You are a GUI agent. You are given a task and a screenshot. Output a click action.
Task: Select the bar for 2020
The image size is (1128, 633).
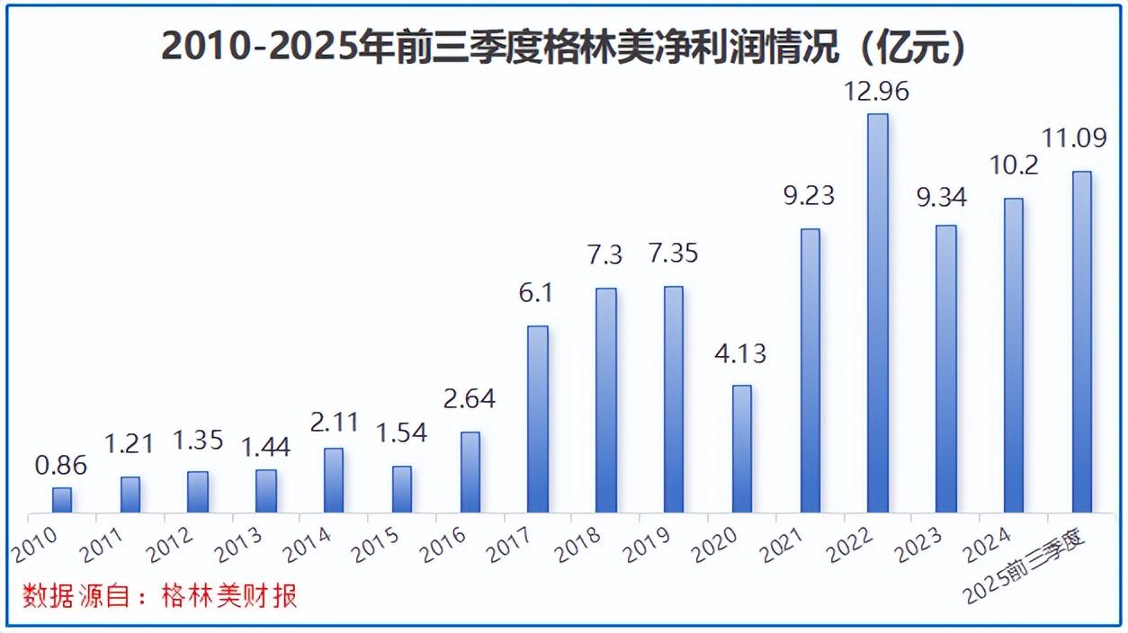coord(741,449)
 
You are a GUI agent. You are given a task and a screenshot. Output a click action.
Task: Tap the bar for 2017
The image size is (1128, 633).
coord(538,419)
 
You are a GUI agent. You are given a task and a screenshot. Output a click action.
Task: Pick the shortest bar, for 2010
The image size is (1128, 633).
coord(61,500)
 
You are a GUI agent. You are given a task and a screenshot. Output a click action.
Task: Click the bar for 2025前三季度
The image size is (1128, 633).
coord(1081,342)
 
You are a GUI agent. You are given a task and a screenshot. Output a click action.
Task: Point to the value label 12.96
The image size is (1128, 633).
coord(877,91)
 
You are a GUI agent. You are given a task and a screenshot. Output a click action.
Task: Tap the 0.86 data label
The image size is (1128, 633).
coord(61,465)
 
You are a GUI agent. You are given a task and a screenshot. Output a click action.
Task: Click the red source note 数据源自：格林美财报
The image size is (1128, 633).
coord(160,596)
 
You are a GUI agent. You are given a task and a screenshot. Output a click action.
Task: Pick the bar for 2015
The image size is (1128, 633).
coord(402,489)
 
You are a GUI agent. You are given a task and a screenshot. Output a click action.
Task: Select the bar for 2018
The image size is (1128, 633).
coord(606,400)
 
